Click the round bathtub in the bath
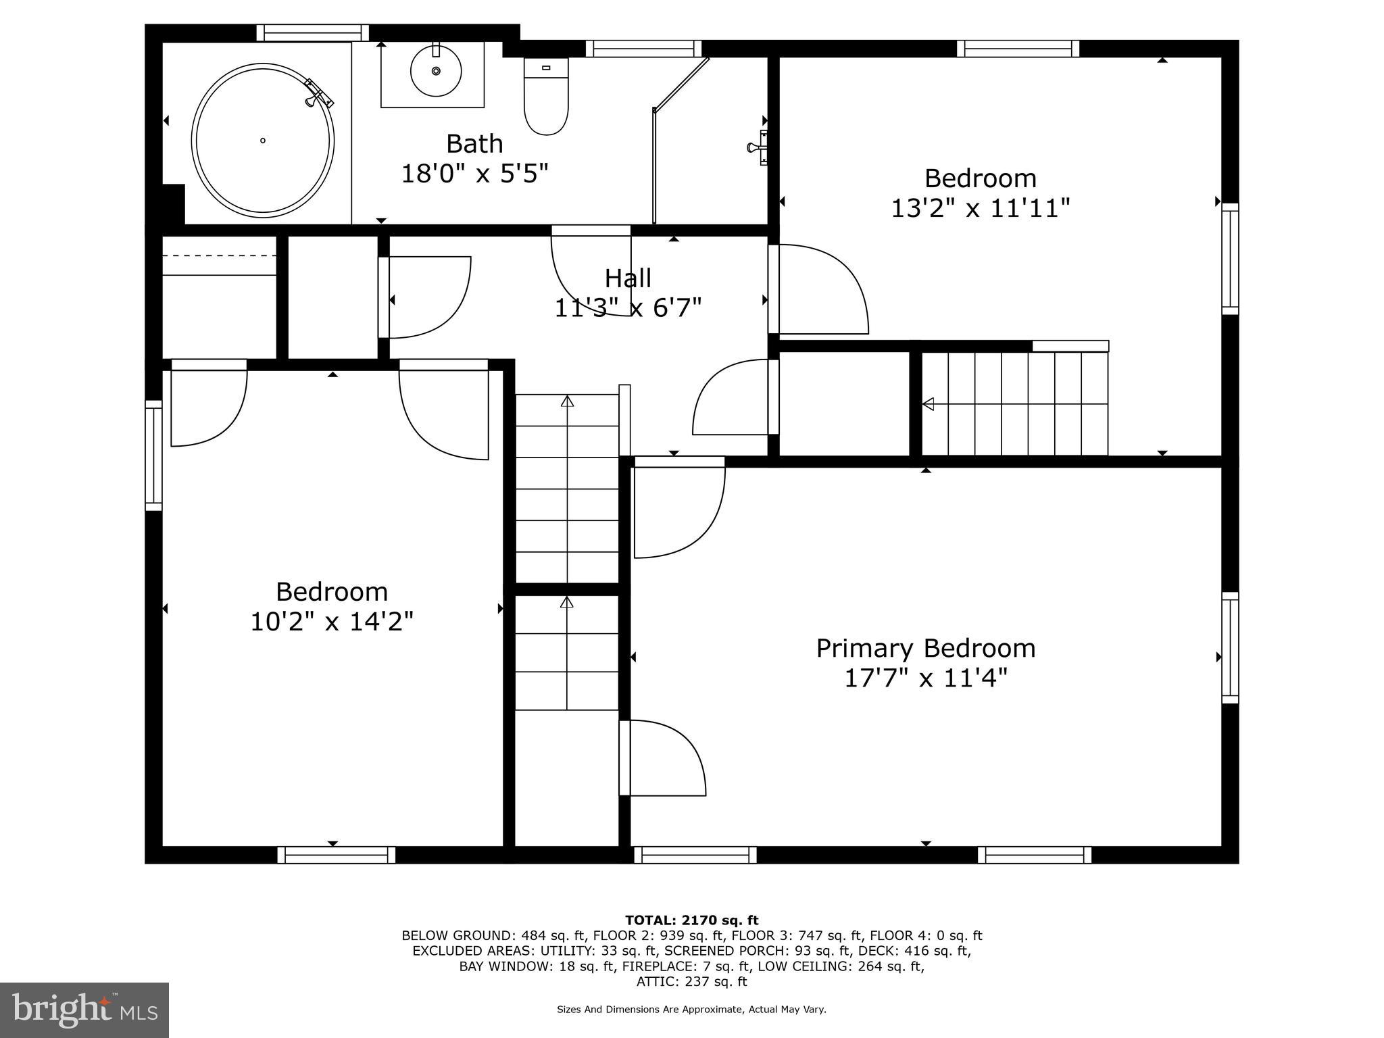[x=263, y=141]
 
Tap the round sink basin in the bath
[x=436, y=70]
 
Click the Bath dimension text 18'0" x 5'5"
[x=474, y=174]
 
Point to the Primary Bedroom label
[x=925, y=648]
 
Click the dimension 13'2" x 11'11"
[x=981, y=207]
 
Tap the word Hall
[x=628, y=278]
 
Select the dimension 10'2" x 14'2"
[x=332, y=620]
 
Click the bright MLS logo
[x=84, y=1010]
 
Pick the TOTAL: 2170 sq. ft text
[x=691, y=920]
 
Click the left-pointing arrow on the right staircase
[x=929, y=404]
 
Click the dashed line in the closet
[x=220, y=255]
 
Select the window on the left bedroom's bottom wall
[x=337, y=855]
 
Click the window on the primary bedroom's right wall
[x=1230, y=647]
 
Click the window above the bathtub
[x=312, y=32]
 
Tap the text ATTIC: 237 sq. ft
[x=691, y=981]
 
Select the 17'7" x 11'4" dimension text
[x=925, y=677]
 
